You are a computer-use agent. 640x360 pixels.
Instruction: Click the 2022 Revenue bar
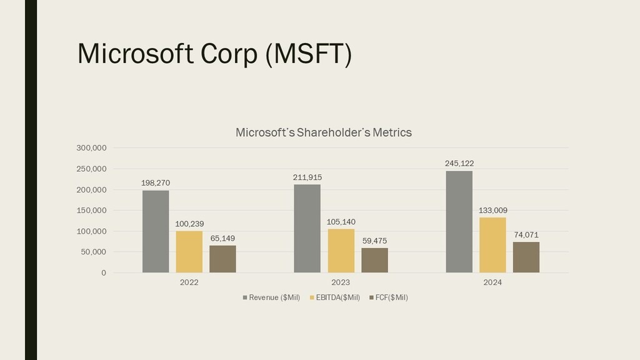coord(156,231)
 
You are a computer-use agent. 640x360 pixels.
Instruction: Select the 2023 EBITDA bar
coord(341,251)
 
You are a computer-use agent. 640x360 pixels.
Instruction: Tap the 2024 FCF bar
coord(526,257)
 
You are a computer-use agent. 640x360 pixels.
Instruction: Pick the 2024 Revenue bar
coord(459,222)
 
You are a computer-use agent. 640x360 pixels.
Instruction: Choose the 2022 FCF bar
coord(222,259)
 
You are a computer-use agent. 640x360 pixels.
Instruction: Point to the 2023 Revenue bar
coord(307,228)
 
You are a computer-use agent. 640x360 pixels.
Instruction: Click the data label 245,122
coord(459,164)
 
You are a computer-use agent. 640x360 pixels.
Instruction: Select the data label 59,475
coord(374,241)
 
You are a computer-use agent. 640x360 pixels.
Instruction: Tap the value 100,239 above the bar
coord(189,224)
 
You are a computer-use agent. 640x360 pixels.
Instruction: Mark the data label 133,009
coord(493,211)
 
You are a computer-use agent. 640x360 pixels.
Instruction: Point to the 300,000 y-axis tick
coord(91,148)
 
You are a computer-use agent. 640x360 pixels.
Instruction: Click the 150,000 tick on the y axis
coord(91,211)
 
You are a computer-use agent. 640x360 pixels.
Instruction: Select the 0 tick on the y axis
coord(103,273)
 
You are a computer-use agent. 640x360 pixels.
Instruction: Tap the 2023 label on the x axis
coord(341,282)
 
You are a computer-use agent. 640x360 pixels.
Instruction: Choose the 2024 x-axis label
coord(492,282)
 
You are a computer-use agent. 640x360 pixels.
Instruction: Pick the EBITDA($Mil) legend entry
coord(335,297)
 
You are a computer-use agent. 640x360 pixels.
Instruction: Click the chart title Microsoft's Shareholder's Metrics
coord(323,132)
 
